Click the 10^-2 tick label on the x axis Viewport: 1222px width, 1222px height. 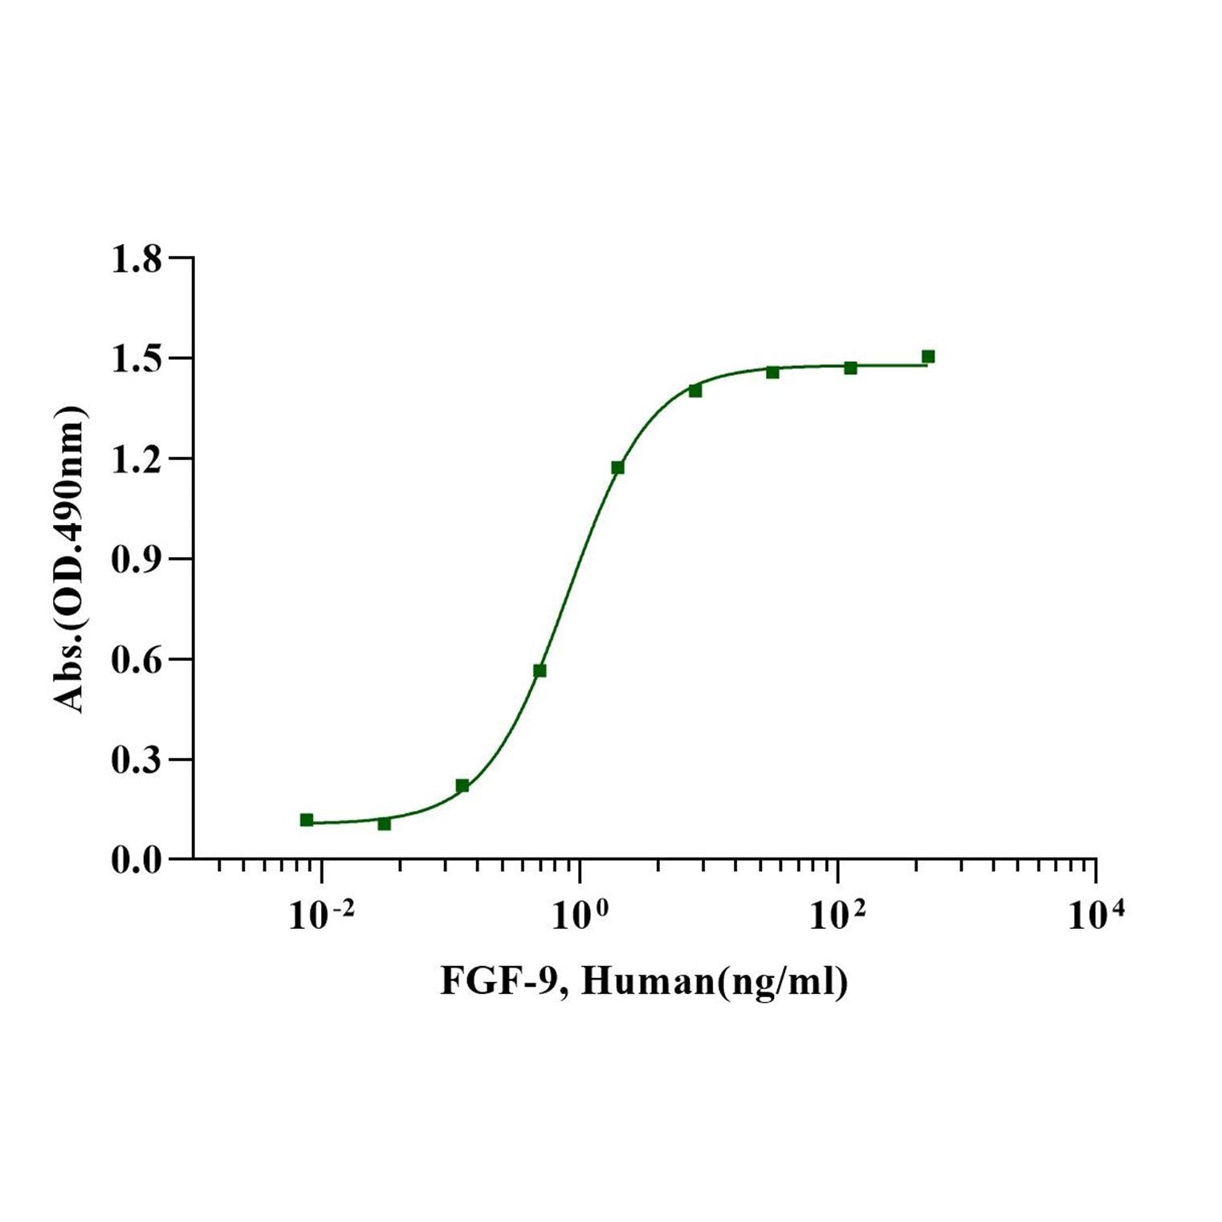[320, 914]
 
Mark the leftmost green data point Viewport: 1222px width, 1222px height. [307, 820]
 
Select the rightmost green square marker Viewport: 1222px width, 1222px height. [928, 356]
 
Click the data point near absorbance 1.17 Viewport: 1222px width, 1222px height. [617, 467]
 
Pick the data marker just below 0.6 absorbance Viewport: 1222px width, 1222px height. [540, 670]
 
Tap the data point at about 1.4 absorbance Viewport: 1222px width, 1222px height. [695, 390]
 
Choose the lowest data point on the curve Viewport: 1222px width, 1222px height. [384, 824]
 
